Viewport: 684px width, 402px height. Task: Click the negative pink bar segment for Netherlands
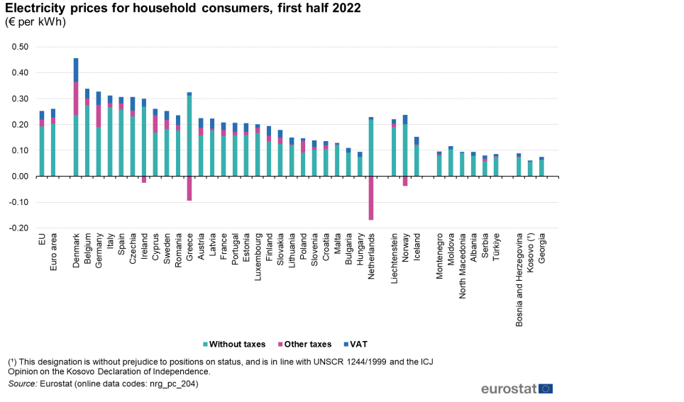pos(371,198)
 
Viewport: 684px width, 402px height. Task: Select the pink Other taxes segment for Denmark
pos(76,99)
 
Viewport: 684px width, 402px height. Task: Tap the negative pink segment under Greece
pos(189,189)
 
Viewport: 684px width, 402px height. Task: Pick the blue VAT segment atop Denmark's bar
pos(76,70)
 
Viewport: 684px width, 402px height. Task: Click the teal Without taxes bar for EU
pos(42,151)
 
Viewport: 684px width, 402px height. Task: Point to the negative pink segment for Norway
pos(405,182)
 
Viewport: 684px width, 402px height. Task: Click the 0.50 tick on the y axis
pos(20,47)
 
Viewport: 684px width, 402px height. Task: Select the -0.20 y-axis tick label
pos(18,228)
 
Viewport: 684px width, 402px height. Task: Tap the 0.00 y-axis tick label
pos(20,177)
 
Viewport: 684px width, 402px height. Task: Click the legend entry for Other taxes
pos(304,344)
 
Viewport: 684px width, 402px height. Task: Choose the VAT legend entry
pos(355,344)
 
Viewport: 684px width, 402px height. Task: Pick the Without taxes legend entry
pos(234,344)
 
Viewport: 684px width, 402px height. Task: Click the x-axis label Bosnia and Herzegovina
pos(519,280)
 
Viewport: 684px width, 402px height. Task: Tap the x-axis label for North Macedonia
pos(463,266)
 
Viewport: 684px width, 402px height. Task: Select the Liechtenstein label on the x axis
pos(395,259)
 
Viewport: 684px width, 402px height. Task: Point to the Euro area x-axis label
pos(53,252)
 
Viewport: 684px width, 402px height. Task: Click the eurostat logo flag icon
pos(546,389)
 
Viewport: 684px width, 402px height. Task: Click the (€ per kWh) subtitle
pos(35,22)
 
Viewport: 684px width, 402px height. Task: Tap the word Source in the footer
pos(22,384)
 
